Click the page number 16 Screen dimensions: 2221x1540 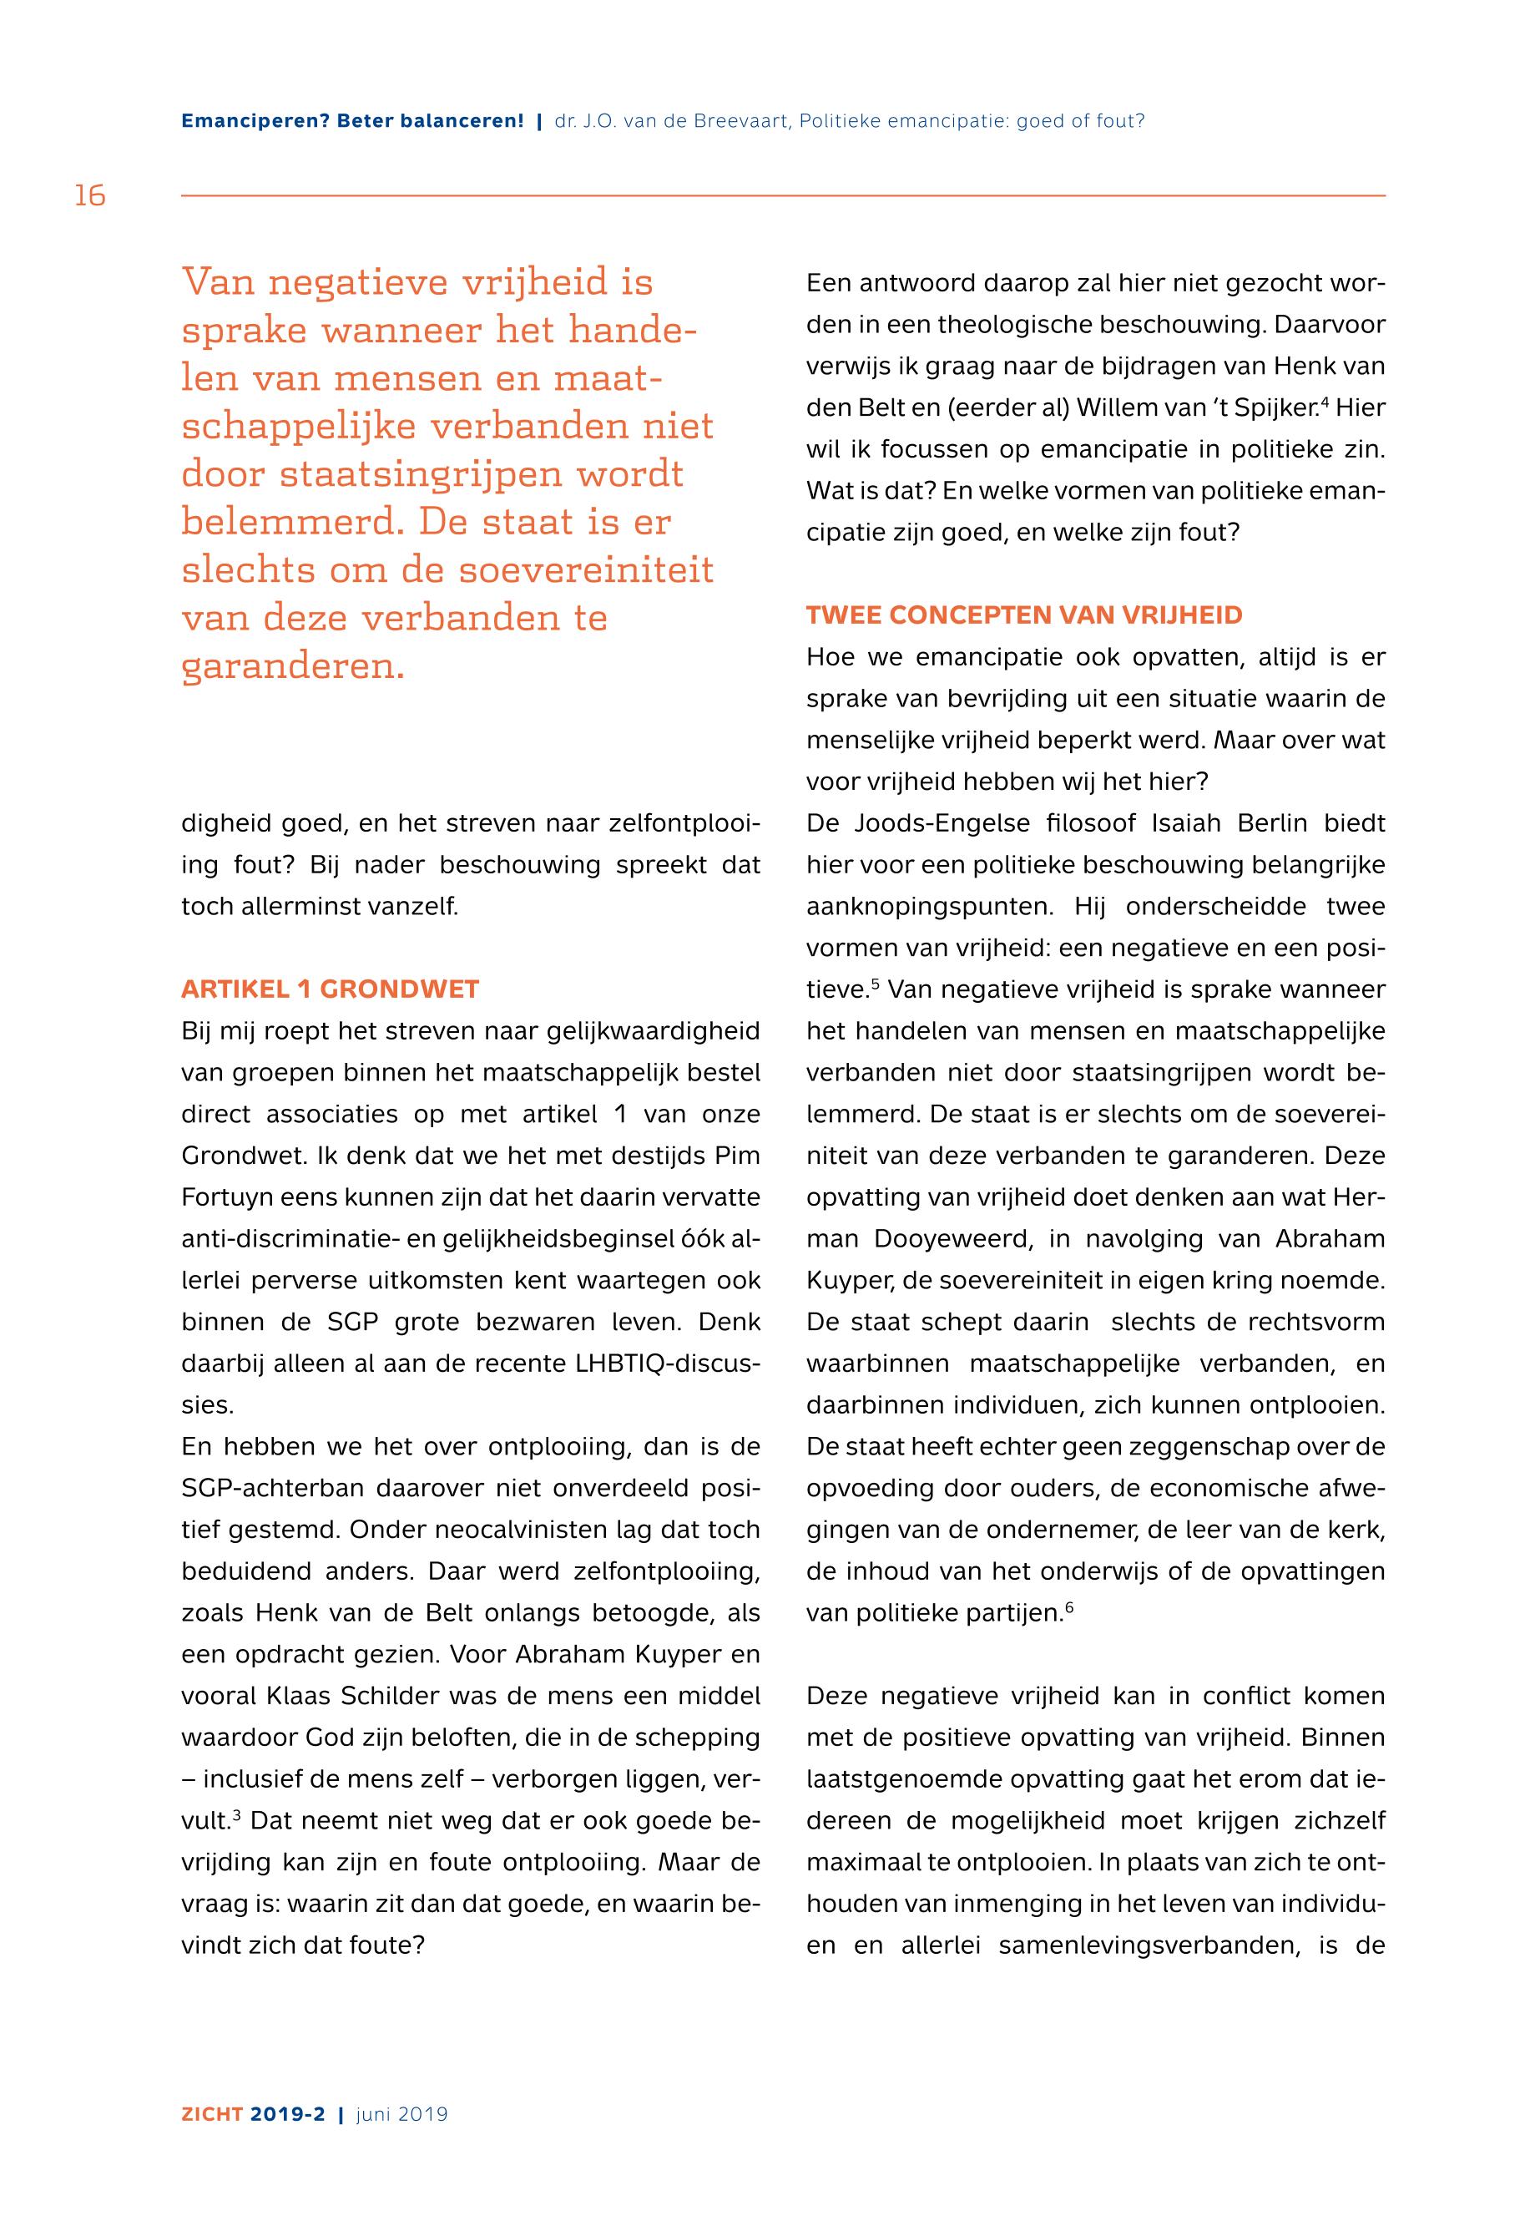[x=90, y=196]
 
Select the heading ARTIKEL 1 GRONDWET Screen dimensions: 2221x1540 [x=330, y=989]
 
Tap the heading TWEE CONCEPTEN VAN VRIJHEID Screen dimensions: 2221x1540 [x=1024, y=616]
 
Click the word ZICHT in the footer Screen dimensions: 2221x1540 [x=212, y=2114]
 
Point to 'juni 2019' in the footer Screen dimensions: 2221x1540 [x=401, y=2114]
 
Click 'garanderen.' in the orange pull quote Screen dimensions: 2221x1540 [x=293, y=666]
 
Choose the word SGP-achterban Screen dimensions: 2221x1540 [x=272, y=1489]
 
